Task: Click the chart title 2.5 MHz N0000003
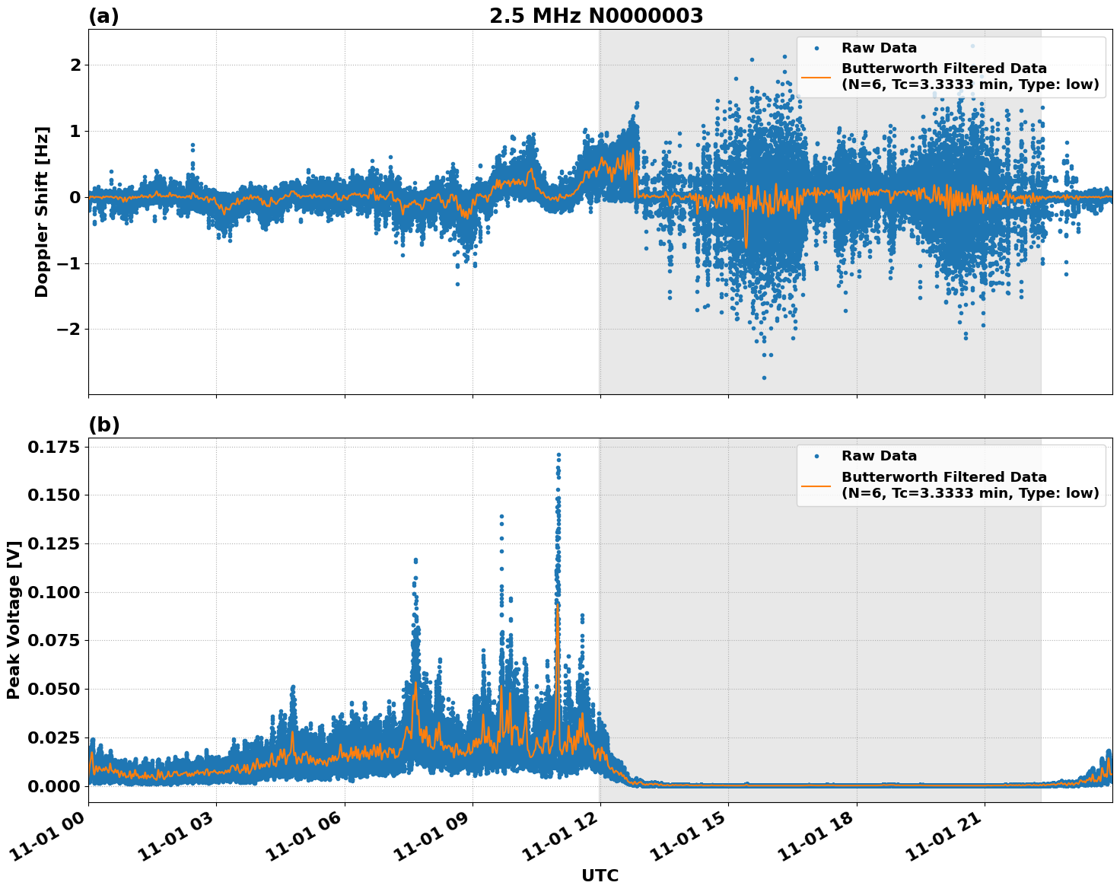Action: tap(596, 16)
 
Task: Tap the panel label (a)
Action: tap(103, 16)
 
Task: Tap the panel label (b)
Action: tap(103, 425)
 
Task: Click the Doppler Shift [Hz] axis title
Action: tap(42, 212)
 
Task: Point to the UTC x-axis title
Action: tap(600, 875)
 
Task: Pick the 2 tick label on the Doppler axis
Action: tap(75, 65)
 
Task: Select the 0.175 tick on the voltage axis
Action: tap(53, 447)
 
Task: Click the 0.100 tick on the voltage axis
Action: tap(53, 592)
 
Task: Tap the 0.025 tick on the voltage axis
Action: tap(53, 737)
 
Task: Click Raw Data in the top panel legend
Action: tap(879, 48)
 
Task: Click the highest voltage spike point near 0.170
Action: tap(558, 454)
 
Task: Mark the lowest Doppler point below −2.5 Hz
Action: tap(764, 378)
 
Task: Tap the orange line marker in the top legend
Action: tap(816, 76)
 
